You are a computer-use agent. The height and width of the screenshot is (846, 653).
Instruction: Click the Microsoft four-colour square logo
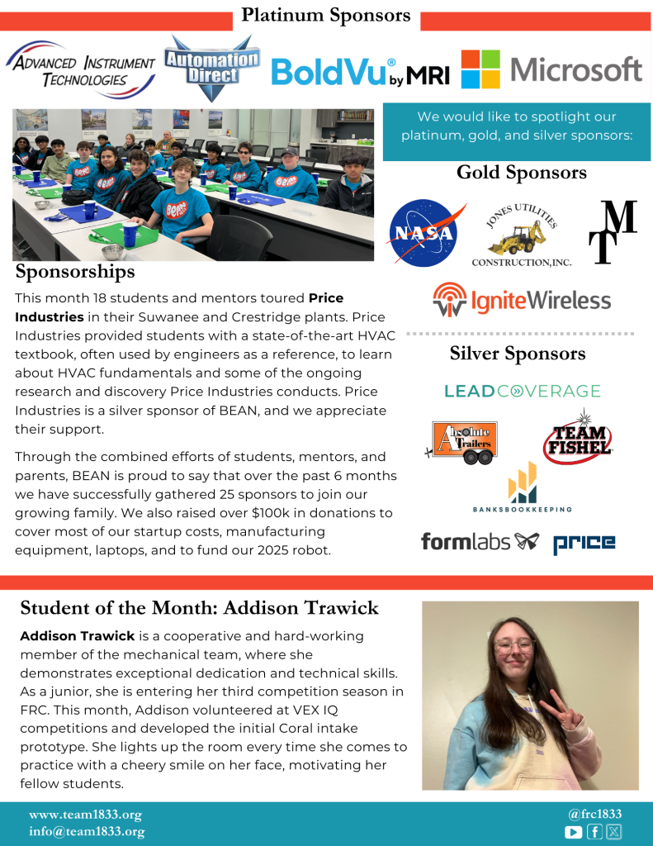coord(480,69)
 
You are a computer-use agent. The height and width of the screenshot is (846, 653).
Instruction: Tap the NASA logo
coord(422,234)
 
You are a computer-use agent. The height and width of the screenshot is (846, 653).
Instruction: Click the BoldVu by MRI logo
coord(360,72)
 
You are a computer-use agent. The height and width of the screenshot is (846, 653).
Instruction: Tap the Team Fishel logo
coord(579,437)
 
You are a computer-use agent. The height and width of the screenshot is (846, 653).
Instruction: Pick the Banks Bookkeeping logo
coord(523,488)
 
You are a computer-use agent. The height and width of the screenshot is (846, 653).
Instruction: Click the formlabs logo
coord(480,542)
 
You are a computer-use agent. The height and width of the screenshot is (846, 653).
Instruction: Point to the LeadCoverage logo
coord(522,391)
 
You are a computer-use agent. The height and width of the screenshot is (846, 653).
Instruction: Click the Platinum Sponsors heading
coord(326,15)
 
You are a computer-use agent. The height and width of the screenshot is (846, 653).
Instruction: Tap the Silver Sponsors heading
coord(518,354)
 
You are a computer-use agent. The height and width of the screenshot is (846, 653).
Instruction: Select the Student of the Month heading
coord(199,608)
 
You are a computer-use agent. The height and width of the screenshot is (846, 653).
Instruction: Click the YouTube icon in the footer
coord(573,832)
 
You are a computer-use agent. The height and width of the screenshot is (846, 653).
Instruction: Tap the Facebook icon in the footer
coord(594,832)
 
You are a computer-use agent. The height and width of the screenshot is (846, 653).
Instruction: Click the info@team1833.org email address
coord(87,832)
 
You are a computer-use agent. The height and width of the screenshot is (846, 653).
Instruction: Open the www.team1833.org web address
coord(85,814)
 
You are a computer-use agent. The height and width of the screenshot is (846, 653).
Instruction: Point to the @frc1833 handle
coord(589,814)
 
